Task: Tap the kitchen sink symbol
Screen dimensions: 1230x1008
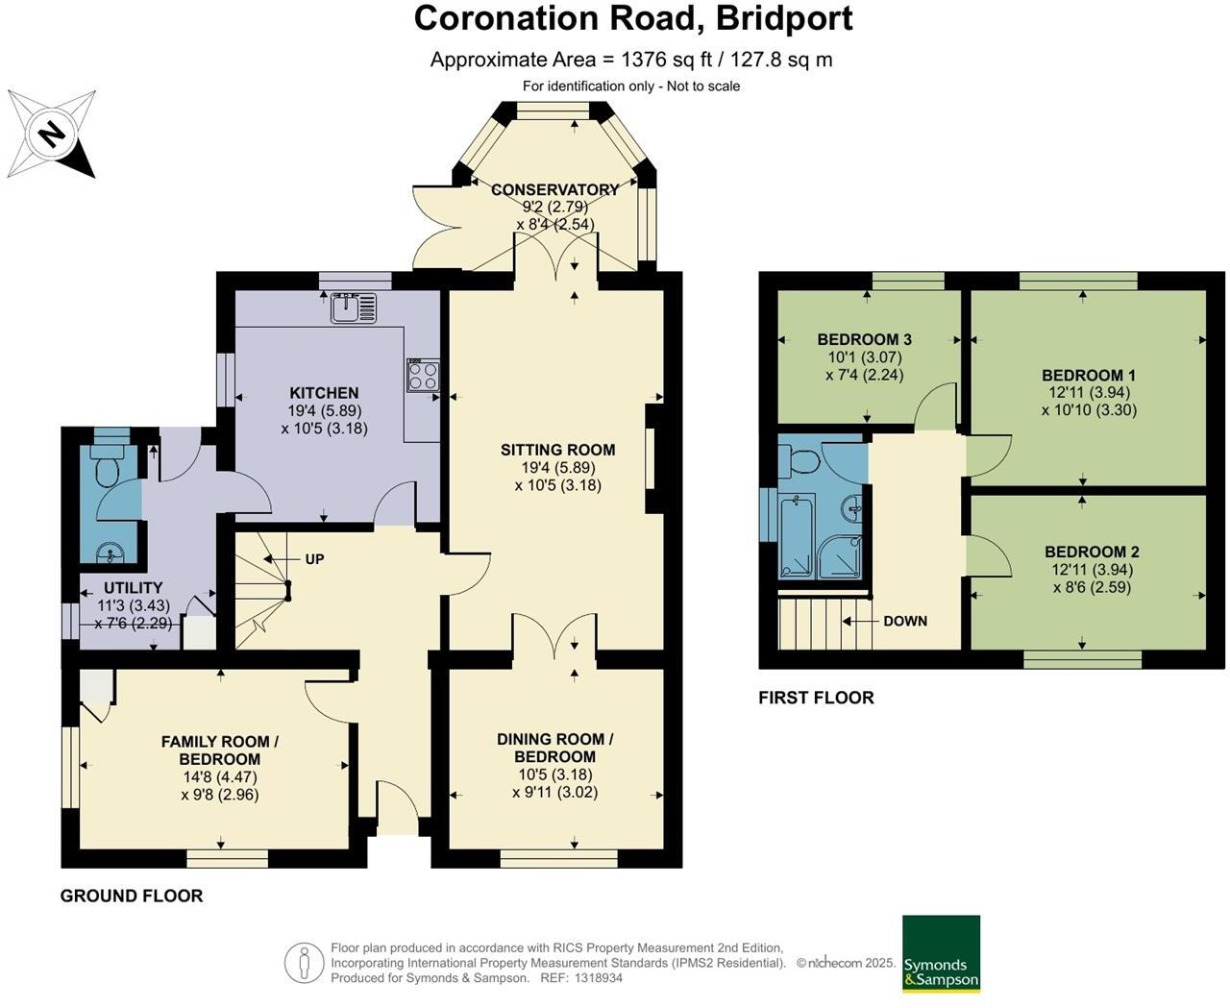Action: click(x=354, y=308)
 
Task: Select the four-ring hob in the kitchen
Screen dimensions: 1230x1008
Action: click(x=424, y=375)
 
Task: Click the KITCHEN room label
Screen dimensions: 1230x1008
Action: click(x=324, y=393)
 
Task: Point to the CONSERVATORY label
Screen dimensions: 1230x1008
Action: click(x=554, y=189)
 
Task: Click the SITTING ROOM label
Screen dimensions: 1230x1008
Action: click(x=557, y=450)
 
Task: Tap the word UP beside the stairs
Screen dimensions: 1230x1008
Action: click(x=314, y=559)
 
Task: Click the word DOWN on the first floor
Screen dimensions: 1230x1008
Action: click(x=905, y=622)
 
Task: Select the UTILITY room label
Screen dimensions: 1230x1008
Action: click(x=133, y=587)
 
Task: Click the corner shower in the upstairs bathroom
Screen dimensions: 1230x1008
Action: click(x=840, y=557)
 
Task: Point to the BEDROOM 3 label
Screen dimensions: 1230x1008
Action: click(x=864, y=339)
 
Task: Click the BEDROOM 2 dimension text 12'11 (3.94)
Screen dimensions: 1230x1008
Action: click(x=1093, y=569)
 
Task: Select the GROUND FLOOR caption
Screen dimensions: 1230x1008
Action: click(x=132, y=896)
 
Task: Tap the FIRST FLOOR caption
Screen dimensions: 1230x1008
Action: click(x=816, y=698)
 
